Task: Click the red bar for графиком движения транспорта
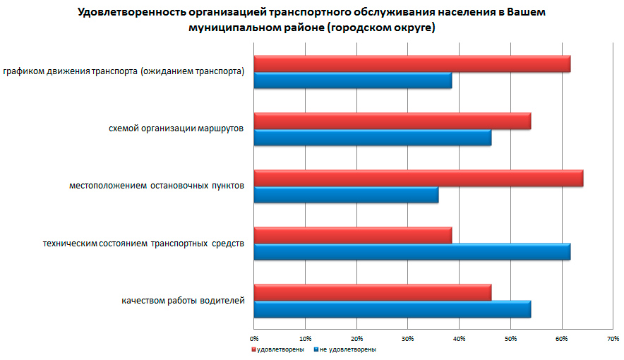412,64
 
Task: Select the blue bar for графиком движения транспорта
352,80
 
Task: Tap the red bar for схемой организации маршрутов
392,121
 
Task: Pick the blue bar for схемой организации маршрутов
372,138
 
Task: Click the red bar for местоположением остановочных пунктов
418,179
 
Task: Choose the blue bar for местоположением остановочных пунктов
346,195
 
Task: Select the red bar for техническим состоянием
352,236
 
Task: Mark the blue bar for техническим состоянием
412,252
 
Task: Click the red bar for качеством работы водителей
372,293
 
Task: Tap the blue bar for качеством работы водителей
392,309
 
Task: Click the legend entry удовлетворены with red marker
278,349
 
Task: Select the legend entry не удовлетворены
345,349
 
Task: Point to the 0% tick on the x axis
254,339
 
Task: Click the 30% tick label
408,339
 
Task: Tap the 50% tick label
510,339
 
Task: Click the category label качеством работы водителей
183,301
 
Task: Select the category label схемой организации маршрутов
176,129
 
